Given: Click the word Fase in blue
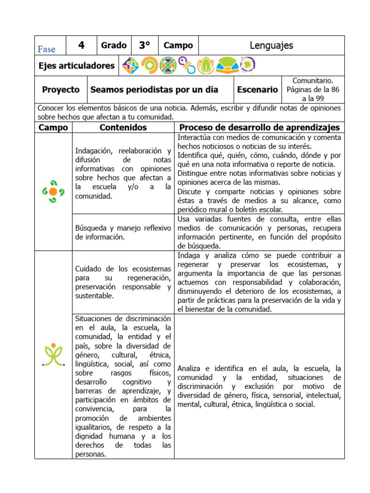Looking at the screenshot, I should click(46, 49).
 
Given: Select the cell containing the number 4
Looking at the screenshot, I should click(81, 46).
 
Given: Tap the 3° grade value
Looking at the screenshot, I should click(145, 46).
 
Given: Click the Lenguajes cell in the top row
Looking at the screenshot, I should click(271, 46).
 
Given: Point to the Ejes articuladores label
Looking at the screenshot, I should click(77, 65).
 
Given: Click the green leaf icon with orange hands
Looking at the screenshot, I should click(206, 65).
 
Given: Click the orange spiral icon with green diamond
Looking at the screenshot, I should click(149, 65).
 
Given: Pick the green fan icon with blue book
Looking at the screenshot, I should click(226, 65).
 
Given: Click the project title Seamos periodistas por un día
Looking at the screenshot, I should click(154, 90).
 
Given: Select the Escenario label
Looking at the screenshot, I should click(257, 90).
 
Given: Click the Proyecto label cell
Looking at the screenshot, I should click(61, 90).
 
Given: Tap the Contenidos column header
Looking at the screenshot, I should click(123, 128).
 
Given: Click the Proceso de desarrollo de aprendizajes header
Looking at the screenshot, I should click(259, 128).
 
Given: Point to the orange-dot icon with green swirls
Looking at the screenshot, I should click(53, 191).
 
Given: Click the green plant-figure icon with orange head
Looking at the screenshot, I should click(53, 355).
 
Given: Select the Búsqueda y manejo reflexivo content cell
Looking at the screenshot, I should click(123, 233).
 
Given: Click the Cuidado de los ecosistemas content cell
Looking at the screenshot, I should click(123, 282).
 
